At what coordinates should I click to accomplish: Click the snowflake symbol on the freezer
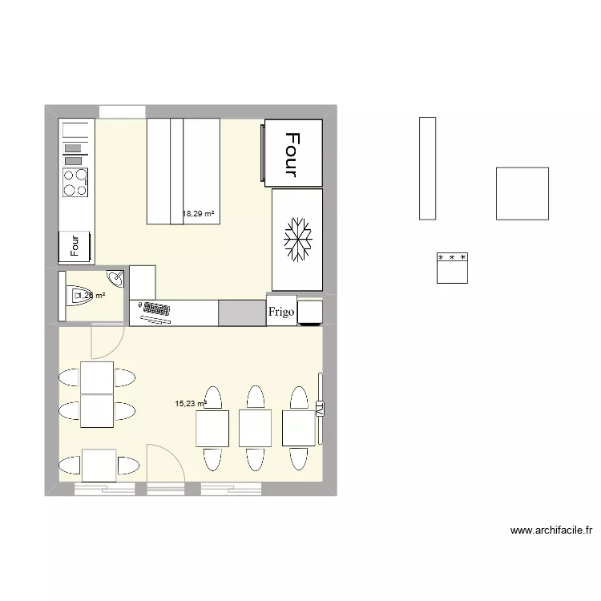click(x=298, y=240)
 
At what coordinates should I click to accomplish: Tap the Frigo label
click(x=282, y=312)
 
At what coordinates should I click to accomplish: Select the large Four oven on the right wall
click(x=293, y=153)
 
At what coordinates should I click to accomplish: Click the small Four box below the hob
click(x=75, y=245)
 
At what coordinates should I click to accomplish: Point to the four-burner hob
click(x=76, y=183)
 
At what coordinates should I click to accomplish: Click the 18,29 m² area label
click(x=199, y=214)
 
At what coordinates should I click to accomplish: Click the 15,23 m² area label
click(x=191, y=403)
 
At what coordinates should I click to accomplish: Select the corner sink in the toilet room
click(x=117, y=279)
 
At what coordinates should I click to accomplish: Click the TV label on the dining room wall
click(x=320, y=409)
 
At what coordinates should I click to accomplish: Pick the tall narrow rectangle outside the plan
click(x=427, y=167)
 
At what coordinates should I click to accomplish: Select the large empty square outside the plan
click(x=522, y=193)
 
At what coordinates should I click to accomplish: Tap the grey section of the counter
click(x=242, y=313)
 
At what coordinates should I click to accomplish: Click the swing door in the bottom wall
click(x=165, y=465)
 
